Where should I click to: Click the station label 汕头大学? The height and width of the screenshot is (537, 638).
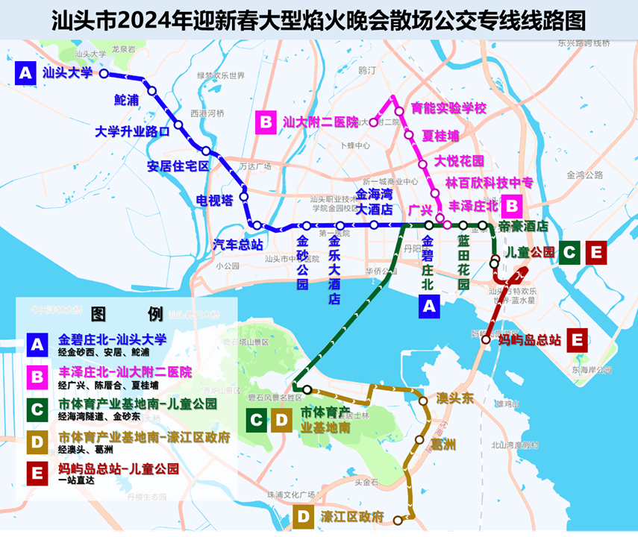67,73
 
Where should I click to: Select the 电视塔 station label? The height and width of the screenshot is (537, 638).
214,201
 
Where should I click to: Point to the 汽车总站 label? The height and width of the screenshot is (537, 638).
238,244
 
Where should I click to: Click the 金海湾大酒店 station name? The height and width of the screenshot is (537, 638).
373,201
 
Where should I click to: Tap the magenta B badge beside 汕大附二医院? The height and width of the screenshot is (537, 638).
266,122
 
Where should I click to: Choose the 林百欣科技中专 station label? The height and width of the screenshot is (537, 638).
490,183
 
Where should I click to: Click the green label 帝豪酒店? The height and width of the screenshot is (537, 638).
523,226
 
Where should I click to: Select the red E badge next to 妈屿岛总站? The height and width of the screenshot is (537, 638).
576,340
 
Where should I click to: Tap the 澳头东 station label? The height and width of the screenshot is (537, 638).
455,399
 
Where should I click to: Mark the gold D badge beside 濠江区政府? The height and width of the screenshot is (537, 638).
303,517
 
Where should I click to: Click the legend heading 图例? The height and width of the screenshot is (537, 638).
126,313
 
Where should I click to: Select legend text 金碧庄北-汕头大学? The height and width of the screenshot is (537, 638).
112,339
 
